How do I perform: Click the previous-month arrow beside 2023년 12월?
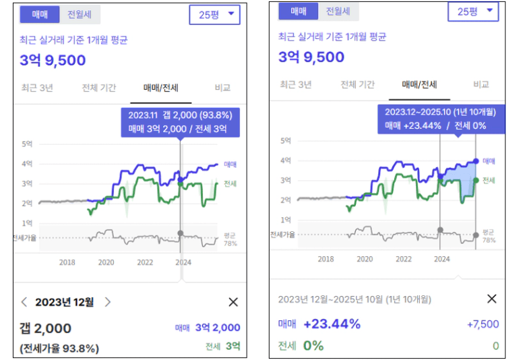pyautogui.click(x=25, y=302)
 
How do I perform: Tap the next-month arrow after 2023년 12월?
pyautogui.click(x=108, y=302)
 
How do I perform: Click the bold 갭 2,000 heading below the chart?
pyautogui.click(x=46, y=328)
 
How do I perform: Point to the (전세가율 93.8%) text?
pyautogui.click(x=59, y=349)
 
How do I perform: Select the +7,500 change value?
pyautogui.click(x=483, y=324)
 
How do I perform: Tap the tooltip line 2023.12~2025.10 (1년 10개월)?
pyautogui.click(x=440, y=111)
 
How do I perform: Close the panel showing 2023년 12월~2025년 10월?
pyautogui.click(x=491, y=299)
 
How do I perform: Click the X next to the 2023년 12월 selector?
pyautogui.click(x=233, y=302)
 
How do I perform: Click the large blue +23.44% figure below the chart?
pyautogui.click(x=332, y=324)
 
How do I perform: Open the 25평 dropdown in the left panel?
pyautogui.click(x=214, y=14)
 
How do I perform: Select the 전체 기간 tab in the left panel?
pyautogui.click(x=100, y=88)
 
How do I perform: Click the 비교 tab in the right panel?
pyautogui.click(x=481, y=84)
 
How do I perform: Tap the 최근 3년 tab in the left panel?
pyautogui.click(x=37, y=88)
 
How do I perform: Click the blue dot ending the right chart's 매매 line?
pyautogui.click(x=476, y=161)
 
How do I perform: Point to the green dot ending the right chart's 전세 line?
pyautogui.click(x=476, y=180)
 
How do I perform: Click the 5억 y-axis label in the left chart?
pyautogui.click(x=28, y=144)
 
